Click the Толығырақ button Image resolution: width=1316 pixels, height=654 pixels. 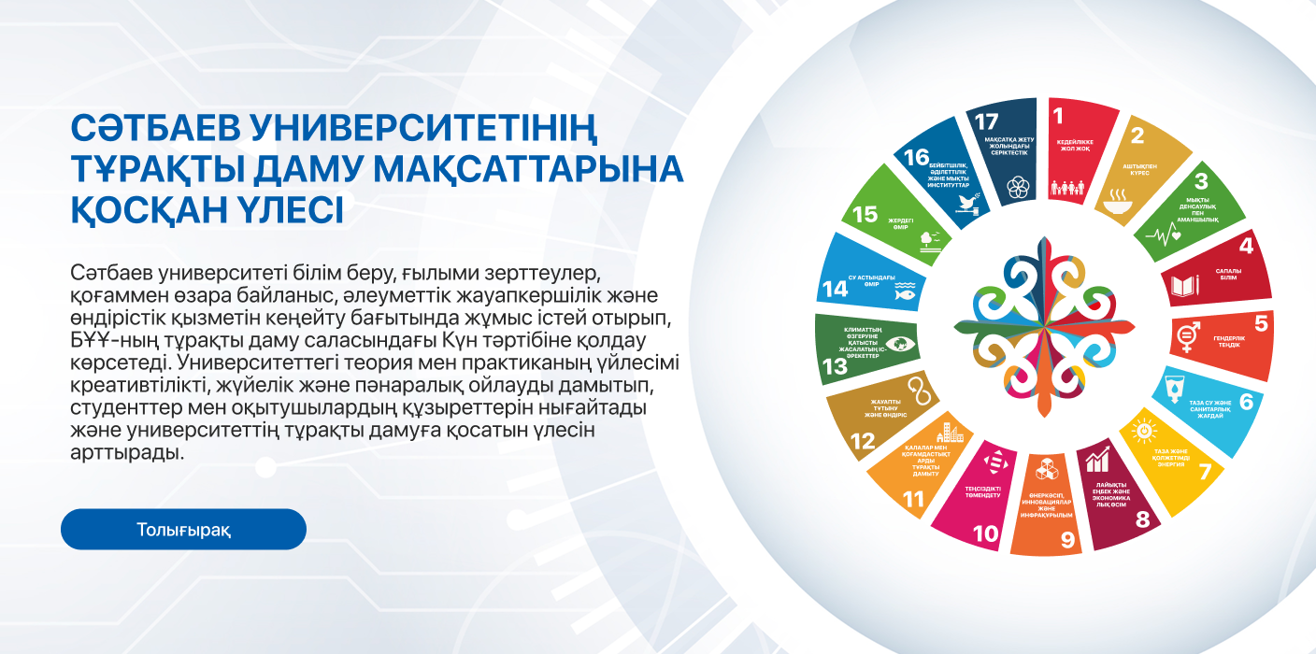(x=183, y=530)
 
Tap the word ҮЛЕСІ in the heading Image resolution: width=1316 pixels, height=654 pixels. (x=282, y=210)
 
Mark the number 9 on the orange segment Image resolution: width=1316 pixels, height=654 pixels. (x=1066, y=538)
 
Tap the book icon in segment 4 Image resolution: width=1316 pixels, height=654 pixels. (x=1184, y=285)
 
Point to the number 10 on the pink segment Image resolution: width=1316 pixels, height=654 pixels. (x=986, y=533)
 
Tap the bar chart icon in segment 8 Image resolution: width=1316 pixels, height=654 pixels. (x=1095, y=459)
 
